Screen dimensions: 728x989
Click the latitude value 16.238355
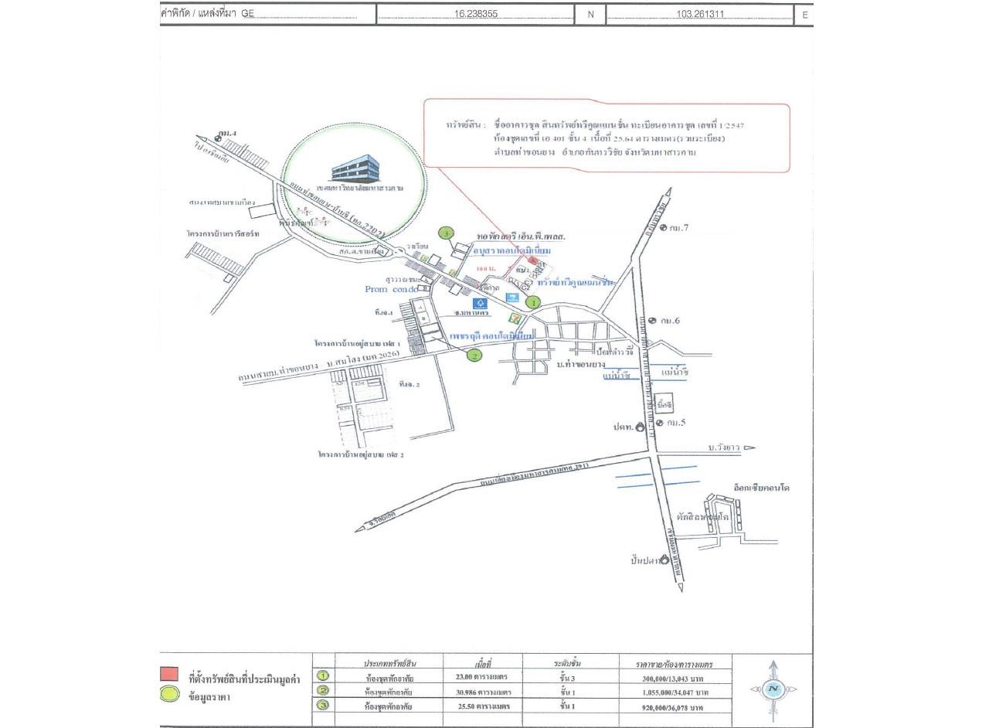pos(475,14)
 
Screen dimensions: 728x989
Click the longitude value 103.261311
pos(700,14)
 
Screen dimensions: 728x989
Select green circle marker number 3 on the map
pos(445,233)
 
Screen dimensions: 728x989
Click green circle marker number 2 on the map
pos(474,355)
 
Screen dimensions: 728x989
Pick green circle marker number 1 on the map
pos(532,303)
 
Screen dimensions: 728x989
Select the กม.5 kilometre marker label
pos(675,423)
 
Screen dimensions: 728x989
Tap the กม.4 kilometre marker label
pos(226,135)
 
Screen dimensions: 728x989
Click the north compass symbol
pos(773,690)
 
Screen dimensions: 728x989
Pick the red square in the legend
pos(168,674)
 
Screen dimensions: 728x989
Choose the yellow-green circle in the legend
pos(168,695)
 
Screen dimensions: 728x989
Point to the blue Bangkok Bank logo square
pos(481,304)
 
